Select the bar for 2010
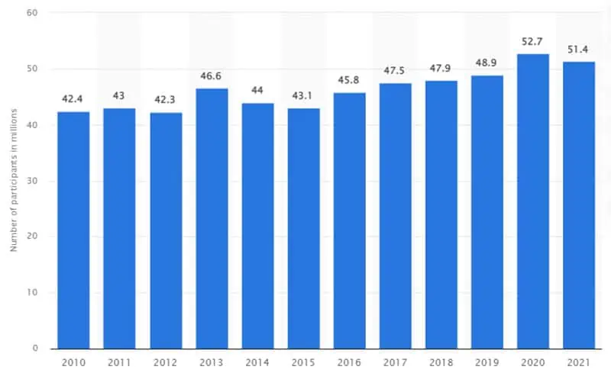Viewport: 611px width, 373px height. [73, 230]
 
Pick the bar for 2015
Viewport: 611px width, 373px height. [303, 228]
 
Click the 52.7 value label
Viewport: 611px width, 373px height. [533, 43]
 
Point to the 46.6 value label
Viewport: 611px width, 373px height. [212, 77]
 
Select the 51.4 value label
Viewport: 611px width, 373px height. [579, 50]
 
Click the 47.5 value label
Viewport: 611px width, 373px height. [396, 72]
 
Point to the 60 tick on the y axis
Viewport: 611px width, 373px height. [33, 13]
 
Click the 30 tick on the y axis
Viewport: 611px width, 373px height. [33, 181]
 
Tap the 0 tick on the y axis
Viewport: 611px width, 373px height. [35, 349]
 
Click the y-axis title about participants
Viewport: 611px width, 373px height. [13, 182]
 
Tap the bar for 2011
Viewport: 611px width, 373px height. [119, 228]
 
